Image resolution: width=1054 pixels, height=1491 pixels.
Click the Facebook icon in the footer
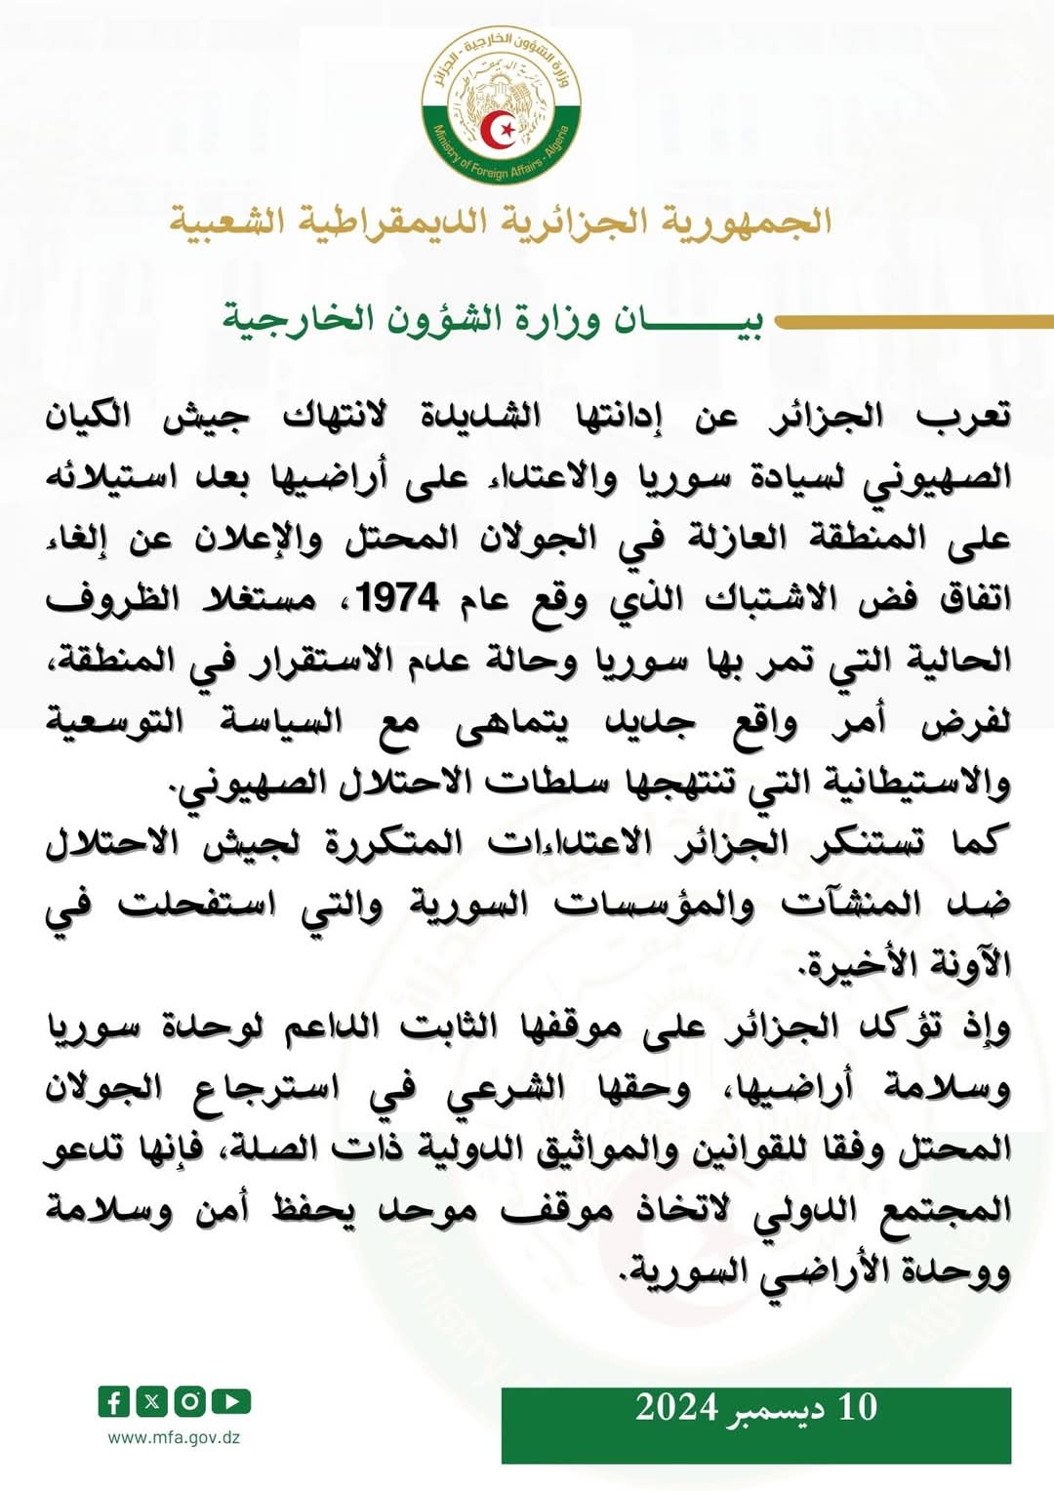tap(113, 1402)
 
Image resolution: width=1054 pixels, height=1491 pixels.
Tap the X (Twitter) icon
tap(151, 1402)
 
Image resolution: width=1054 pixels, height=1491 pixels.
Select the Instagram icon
tap(189, 1402)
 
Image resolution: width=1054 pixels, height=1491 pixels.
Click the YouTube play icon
tap(231, 1402)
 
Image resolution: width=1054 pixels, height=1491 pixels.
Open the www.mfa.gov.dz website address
tap(174, 1437)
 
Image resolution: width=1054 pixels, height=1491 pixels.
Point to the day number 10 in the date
tap(858, 1407)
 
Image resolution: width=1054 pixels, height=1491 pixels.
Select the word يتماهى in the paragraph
tap(513, 723)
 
